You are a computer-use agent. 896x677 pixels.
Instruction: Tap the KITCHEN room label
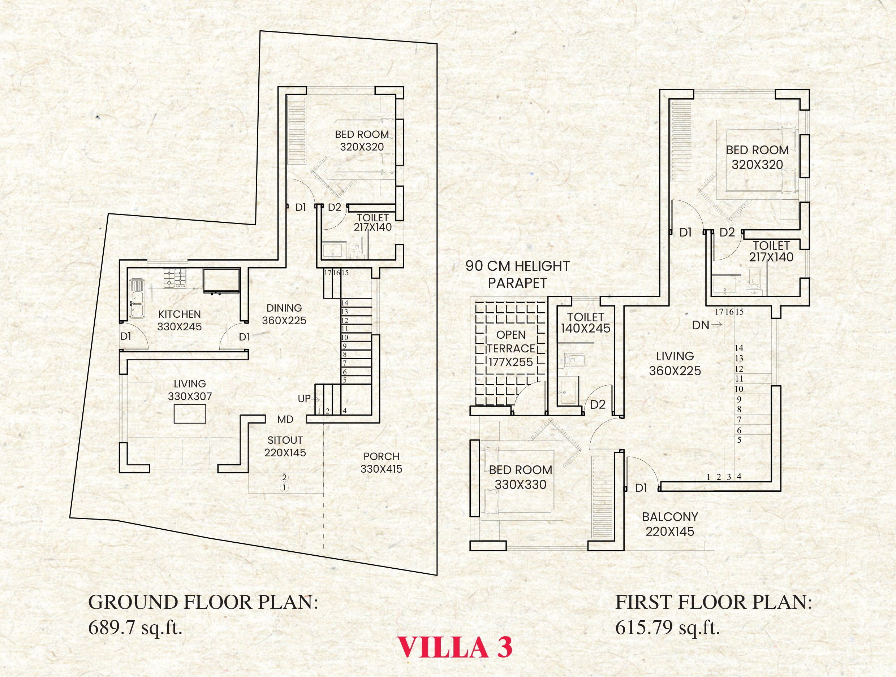click(179, 314)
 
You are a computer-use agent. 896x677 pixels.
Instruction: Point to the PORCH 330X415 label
click(381, 463)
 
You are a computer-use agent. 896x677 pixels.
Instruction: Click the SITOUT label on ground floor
click(285, 440)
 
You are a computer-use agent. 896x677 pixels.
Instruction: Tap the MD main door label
click(285, 420)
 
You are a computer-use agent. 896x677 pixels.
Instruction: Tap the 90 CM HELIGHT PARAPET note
click(517, 274)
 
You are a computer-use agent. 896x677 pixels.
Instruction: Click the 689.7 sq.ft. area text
click(135, 628)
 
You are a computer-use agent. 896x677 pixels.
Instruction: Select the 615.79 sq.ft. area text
click(668, 628)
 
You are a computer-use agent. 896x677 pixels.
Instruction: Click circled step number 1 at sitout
click(284, 488)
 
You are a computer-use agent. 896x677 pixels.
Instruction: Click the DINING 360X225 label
click(284, 314)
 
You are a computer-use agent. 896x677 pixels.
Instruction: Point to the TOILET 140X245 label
click(585, 323)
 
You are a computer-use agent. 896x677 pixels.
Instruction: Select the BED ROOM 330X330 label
click(521, 477)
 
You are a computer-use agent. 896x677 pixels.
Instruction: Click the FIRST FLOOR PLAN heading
click(714, 602)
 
